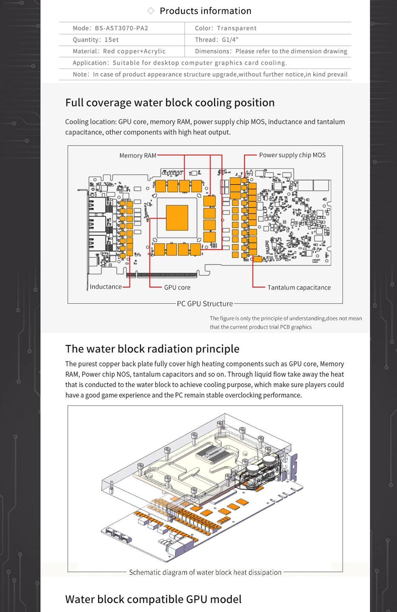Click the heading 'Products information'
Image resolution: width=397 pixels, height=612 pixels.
tap(205, 11)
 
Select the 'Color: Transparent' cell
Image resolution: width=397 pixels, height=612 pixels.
tap(225, 28)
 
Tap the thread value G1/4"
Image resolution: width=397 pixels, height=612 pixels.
tap(230, 40)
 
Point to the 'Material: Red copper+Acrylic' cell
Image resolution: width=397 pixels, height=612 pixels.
tap(119, 51)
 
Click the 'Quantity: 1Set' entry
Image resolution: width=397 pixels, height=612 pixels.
tap(96, 40)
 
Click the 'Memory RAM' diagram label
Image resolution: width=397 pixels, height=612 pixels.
tap(138, 155)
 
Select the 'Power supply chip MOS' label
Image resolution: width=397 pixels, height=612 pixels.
tap(292, 155)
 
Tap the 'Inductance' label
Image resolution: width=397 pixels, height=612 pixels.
tap(106, 287)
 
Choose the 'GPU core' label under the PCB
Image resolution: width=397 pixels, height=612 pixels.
tap(177, 288)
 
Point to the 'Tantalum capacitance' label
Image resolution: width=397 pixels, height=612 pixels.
tap(299, 288)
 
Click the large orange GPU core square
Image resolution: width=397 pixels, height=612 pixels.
tap(177, 218)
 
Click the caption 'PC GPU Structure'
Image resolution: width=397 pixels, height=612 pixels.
tap(205, 304)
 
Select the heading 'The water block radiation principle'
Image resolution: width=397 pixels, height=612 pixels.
tap(152, 349)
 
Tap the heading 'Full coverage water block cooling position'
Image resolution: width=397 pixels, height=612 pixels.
tap(170, 103)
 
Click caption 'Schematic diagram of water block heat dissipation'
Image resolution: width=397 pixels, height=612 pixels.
tap(205, 572)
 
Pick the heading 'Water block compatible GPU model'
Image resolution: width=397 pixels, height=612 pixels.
tap(153, 599)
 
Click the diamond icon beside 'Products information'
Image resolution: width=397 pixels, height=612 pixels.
tap(151, 11)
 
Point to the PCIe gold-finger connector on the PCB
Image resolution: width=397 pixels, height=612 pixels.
tap(167, 275)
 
